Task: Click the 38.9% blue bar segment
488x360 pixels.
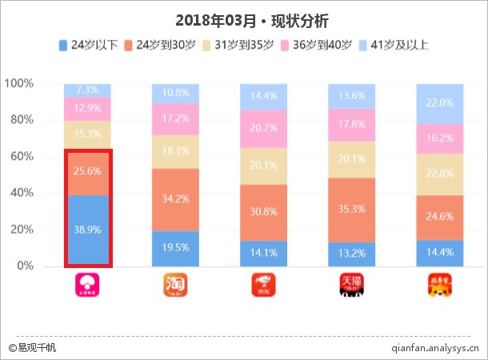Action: [88, 230]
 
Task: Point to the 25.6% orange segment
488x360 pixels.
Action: [88, 172]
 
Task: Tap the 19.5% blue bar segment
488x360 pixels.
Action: [176, 248]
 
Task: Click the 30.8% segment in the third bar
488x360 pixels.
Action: [264, 212]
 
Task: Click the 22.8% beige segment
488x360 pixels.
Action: [440, 174]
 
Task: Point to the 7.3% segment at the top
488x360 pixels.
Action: [88, 90]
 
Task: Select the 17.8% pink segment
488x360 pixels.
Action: [352, 125]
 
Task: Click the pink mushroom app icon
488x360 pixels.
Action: [88, 286]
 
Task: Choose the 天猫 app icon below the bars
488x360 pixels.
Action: [352, 286]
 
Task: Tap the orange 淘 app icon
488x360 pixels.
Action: [176, 286]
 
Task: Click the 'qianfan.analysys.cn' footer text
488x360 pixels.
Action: [435, 348]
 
